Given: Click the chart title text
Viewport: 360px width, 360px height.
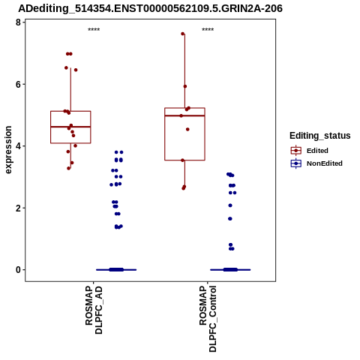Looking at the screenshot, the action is (x=150, y=8).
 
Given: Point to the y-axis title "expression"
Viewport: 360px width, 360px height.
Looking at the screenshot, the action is (x=8, y=150).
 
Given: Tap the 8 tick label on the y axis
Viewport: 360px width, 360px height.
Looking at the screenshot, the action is (x=18, y=22).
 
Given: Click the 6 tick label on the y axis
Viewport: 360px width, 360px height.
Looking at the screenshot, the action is (x=18, y=84).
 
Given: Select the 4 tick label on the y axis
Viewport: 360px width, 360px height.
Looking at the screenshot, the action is (x=18, y=146).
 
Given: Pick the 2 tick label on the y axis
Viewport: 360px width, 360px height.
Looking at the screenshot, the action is (x=18, y=208).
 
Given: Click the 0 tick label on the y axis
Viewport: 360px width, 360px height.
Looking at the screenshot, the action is (x=18, y=270).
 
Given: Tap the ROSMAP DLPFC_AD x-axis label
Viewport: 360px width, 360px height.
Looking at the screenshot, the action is (x=94, y=310).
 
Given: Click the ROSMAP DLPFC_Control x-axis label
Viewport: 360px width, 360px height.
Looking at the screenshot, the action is (x=208, y=319).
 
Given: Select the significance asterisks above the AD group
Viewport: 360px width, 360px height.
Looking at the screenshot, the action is (x=94, y=30).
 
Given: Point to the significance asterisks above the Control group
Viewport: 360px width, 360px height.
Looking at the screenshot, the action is (x=208, y=30).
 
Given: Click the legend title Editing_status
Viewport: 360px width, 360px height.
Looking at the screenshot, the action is (x=320, y=136).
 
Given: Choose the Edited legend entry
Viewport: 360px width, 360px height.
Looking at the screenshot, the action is (x=310, y=151).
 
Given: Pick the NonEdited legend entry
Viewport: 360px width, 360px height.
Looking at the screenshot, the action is (x=316, y=163).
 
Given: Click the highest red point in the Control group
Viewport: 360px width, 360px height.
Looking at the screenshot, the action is (x=183, y=34).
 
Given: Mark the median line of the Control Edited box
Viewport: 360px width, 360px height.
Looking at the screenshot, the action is (x=184, y=115).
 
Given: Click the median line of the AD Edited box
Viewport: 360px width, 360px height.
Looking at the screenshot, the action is (x=70, y=127).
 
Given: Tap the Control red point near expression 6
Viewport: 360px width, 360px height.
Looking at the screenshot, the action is (x=185, y=86).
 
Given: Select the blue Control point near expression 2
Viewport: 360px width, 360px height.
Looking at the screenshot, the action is (x=230, y=205).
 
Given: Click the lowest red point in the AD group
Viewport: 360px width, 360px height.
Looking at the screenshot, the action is (x=68, y=168).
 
